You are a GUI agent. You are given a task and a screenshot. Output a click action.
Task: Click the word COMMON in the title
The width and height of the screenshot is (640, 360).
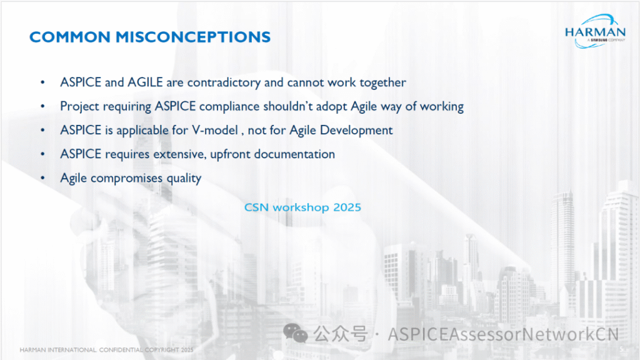coord(70,37)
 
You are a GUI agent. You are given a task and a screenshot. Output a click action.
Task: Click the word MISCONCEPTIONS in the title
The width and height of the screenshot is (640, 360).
coord(193,37)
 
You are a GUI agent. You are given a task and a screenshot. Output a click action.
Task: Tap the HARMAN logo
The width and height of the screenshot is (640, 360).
coord(595,31)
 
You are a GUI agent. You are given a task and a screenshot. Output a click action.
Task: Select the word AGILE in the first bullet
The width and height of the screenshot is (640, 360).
coord(145,82)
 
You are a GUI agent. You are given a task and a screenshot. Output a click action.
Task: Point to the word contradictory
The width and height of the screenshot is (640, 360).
coord(224,83)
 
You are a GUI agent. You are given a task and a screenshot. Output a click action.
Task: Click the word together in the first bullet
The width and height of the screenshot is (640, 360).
coord(382,83)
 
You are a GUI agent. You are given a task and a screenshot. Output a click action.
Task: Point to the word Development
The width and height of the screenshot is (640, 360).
coord(356,131)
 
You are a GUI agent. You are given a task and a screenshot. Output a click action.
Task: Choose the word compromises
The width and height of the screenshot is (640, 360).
coord(126,178)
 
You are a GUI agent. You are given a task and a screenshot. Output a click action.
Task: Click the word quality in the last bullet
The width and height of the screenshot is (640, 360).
coord(184,178)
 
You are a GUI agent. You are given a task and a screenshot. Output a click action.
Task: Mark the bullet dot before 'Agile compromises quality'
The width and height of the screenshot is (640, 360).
coord(42,178)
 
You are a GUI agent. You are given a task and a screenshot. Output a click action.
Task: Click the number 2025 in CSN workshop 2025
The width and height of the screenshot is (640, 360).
coord(347,207)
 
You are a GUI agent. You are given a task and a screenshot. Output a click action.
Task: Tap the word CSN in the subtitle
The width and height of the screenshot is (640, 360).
coord(256,207)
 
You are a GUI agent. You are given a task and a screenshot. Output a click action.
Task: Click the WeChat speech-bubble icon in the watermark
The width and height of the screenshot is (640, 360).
coord(296,334)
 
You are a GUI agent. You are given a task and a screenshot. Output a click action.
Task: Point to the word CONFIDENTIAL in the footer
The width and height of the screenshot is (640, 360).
coord(121,350)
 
